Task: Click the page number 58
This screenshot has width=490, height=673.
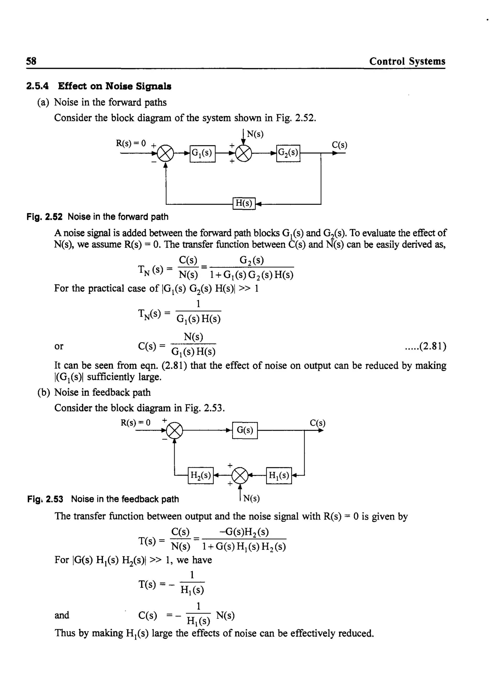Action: pos(31,61)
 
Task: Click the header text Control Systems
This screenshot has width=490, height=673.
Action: pos(407,61)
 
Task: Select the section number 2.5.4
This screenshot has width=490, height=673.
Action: pos(37,86)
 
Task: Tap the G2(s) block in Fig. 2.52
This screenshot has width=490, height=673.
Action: pos(288,153)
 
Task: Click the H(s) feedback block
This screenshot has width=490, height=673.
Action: pos(244,204)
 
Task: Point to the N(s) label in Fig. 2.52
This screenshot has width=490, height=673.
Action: pos(255,134)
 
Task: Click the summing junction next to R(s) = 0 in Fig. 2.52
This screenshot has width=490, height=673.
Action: pos(165,154)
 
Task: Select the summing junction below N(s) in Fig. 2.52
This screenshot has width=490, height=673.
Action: pos(243,154)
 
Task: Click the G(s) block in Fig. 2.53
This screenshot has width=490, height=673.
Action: pos(245,430)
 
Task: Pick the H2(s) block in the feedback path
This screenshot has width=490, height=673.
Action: pos(200,476)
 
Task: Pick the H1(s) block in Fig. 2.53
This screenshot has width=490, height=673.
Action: pos(279,476)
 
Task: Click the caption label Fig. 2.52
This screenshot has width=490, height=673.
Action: pos(45,217)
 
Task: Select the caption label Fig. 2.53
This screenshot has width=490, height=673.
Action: pos(45,499)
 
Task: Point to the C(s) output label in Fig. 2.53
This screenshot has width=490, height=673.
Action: pos(317,423)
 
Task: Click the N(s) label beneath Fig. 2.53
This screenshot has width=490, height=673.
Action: pos(251,498)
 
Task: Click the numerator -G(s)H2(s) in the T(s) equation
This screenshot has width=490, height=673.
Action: pos(244,532)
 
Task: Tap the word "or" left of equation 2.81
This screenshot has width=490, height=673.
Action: pos(59,346)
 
